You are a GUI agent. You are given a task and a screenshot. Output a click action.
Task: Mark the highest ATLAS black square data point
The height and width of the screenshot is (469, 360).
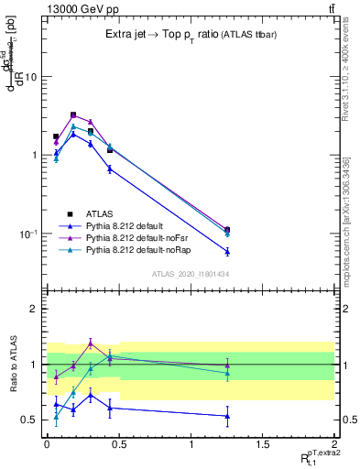73,115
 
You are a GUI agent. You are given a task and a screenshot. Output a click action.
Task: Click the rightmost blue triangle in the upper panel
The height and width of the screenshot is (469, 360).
227,251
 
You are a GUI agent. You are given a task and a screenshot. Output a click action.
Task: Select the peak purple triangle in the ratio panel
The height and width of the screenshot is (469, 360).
91,343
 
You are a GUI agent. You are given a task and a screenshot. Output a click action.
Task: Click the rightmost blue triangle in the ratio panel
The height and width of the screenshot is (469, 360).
227,416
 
